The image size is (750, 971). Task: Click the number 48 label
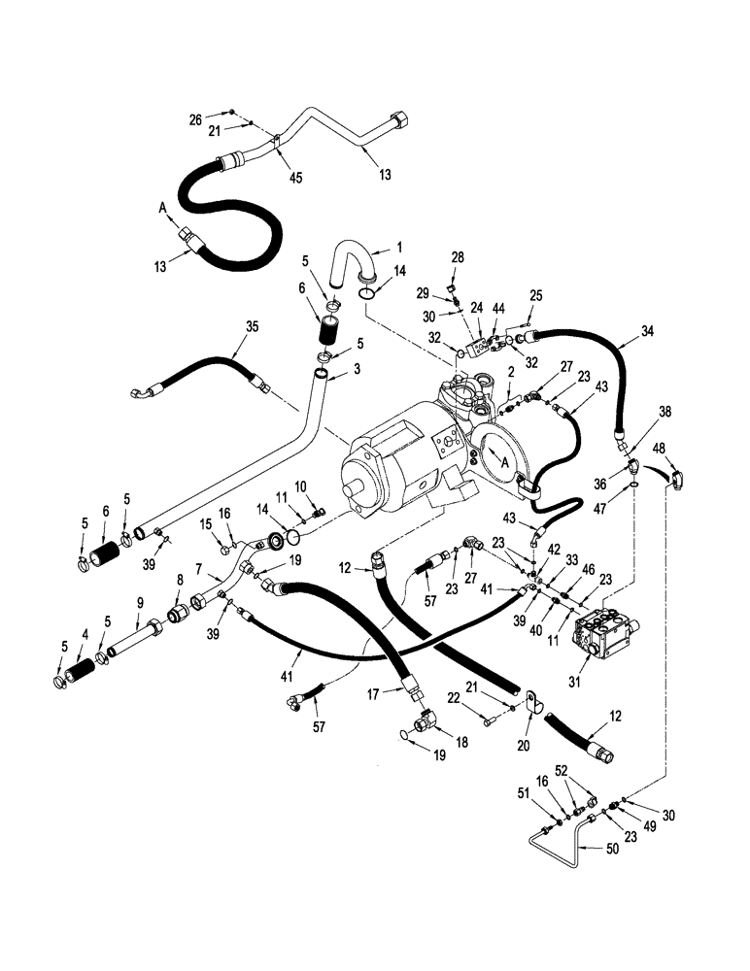659,448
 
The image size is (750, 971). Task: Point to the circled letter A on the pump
505,463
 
